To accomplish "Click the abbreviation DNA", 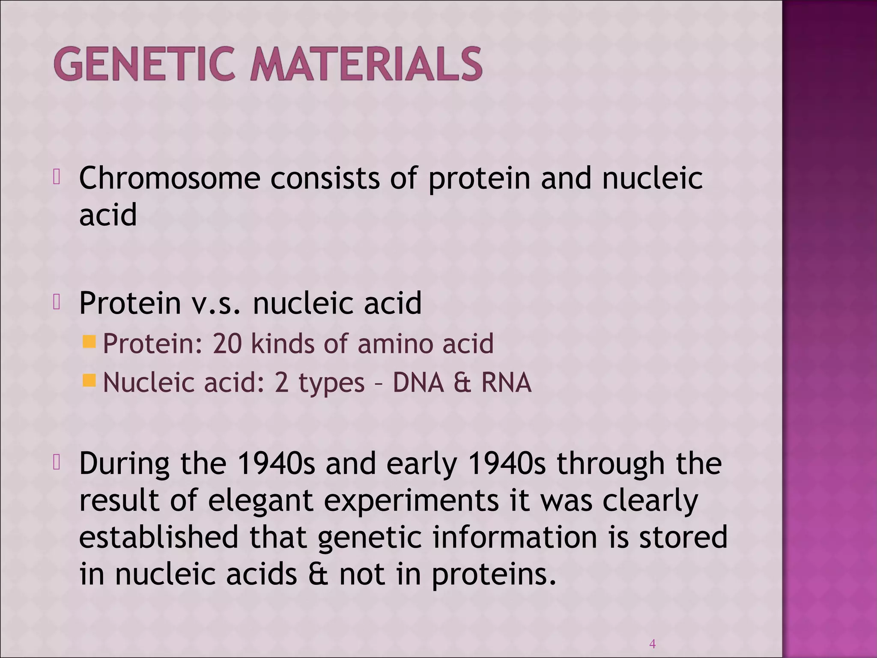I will click(418, 382).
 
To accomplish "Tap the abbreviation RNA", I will click(506, 382).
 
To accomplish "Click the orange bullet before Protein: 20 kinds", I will click(89, 342).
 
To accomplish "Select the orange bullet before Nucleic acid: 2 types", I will click(89, 380).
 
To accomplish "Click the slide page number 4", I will click(653, 643).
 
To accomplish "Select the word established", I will click(158, 537).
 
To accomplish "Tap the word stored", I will click(683, 537).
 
